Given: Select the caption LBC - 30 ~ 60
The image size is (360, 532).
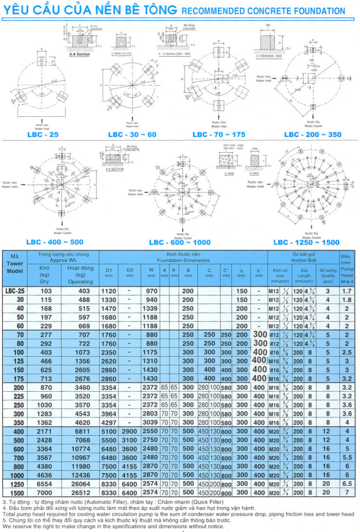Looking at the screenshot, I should [132, 135].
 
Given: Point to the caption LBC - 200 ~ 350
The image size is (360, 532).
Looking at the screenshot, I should [313, 135].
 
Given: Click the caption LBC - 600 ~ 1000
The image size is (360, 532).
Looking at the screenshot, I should [180, 243].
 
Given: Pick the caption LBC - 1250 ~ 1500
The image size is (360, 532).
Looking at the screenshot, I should [306, 243].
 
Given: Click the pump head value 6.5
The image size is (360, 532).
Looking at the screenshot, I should [348, 484].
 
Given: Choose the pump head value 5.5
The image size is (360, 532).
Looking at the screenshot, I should [348, 457].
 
